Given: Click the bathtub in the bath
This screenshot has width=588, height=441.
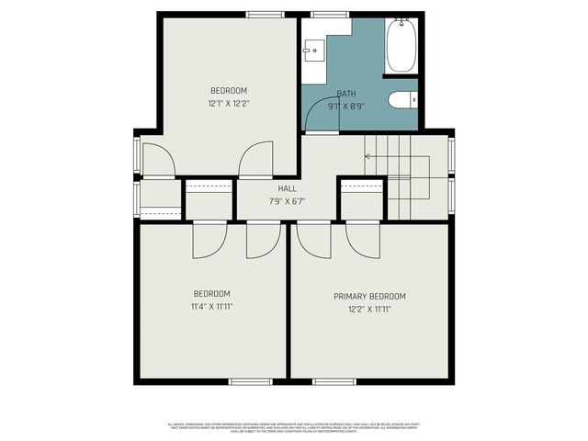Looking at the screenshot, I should (x=401, y=45).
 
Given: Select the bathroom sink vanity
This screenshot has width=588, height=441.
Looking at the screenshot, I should (x=313, y=50).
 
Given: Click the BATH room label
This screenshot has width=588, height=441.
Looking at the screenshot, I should (x=346, y=94).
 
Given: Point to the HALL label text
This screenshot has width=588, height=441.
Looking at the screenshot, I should (x=288, y=187).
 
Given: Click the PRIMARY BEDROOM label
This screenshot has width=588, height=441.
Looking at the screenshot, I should (x=369, y=297).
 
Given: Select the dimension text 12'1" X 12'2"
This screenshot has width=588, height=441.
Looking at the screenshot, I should (x=229, y=104).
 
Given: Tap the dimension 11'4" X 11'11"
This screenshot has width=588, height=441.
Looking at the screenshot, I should (x=212, y=307).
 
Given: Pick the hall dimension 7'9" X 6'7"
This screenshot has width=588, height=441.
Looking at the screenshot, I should (x=288, y=201).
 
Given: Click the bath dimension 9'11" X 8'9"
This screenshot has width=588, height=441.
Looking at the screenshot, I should (x=346, y=106).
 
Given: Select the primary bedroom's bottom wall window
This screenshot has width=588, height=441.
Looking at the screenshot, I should (x=334, y=380).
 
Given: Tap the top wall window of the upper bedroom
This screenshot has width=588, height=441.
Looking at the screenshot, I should (x=264, y=15).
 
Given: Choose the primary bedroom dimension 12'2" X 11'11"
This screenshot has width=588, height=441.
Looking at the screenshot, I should (x=369, y=310).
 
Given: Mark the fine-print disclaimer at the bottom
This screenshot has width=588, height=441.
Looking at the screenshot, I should (x=294, y=428).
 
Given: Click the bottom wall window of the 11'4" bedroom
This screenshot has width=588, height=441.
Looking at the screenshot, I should (x=250, y=380).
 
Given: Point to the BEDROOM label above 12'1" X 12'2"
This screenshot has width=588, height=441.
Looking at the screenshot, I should (x=229, y=90).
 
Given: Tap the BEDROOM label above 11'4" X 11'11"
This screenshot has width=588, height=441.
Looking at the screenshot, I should (x=212, y=294).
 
